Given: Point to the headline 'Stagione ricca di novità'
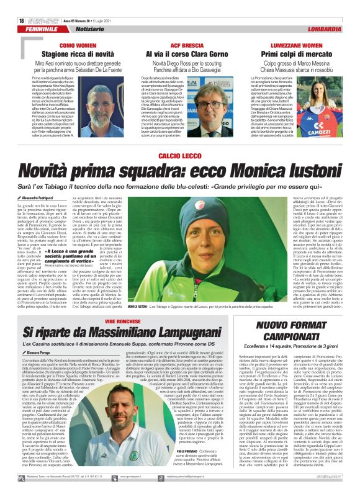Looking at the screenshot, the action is click(x=78, y=55).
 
